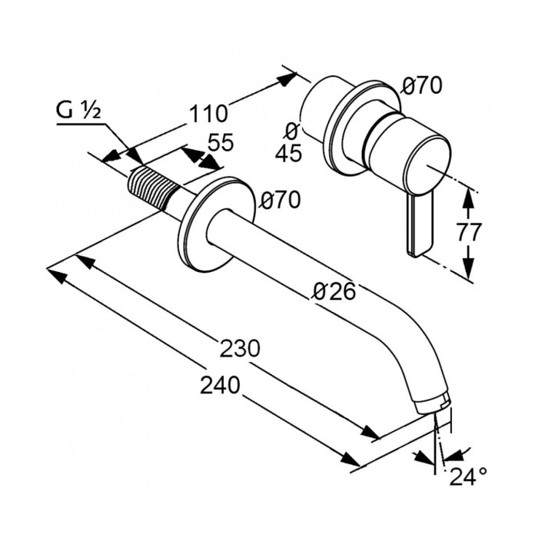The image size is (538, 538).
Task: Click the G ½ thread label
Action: point(78,111)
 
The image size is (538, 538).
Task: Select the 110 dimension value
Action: point(208,114)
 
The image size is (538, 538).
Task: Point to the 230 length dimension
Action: point(240,348)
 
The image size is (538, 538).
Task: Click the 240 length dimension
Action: point(220,384)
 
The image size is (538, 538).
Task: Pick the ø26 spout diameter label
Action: point(335,292)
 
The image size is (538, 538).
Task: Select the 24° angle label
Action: point(468,477)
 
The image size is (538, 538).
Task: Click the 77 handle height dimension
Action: point(469,232)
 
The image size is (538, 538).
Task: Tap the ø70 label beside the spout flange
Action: point(280,200)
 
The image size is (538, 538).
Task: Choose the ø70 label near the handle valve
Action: point(422,85)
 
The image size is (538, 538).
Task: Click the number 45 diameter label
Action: point(289,153)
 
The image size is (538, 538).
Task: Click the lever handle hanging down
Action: point(420,224)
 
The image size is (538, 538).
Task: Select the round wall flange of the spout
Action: point(217,224)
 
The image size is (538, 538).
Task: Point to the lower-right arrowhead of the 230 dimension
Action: point(371,432)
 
